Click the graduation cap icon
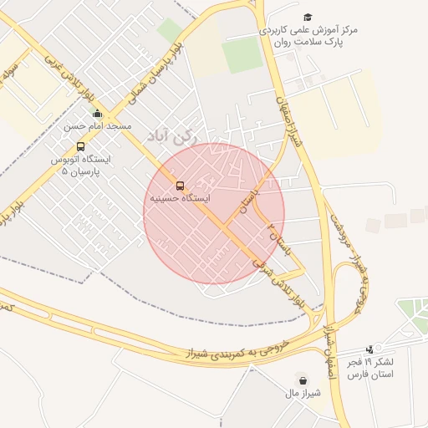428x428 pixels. (307, 17)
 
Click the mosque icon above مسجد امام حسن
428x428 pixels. (97, 114)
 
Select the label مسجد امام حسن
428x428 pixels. (98, 126)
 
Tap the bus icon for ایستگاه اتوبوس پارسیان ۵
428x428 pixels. (80, 146)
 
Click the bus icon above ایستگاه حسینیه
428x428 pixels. (180, 186)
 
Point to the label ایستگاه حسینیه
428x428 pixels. (180, 199)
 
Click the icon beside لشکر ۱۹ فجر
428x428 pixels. (369, 349)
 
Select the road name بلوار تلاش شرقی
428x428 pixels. (277, 285)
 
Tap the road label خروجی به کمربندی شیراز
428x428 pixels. (235, 350)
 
